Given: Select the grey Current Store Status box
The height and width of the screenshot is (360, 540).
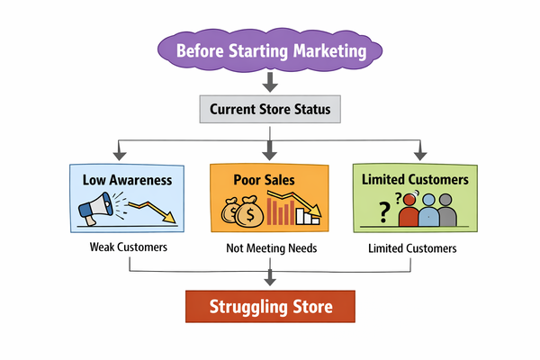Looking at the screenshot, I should [x=270, y=110].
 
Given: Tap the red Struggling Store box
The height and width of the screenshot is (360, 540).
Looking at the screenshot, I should [x=270, y=306].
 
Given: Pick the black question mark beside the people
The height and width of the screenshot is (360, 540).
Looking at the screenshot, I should [x=385, y=212].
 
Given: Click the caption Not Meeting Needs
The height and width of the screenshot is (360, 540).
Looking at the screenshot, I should [x=269, y=247].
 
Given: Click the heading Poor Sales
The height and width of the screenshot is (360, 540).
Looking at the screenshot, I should [x=269, y=179].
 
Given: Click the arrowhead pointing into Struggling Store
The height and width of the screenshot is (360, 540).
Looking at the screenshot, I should [x=270, y=281].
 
